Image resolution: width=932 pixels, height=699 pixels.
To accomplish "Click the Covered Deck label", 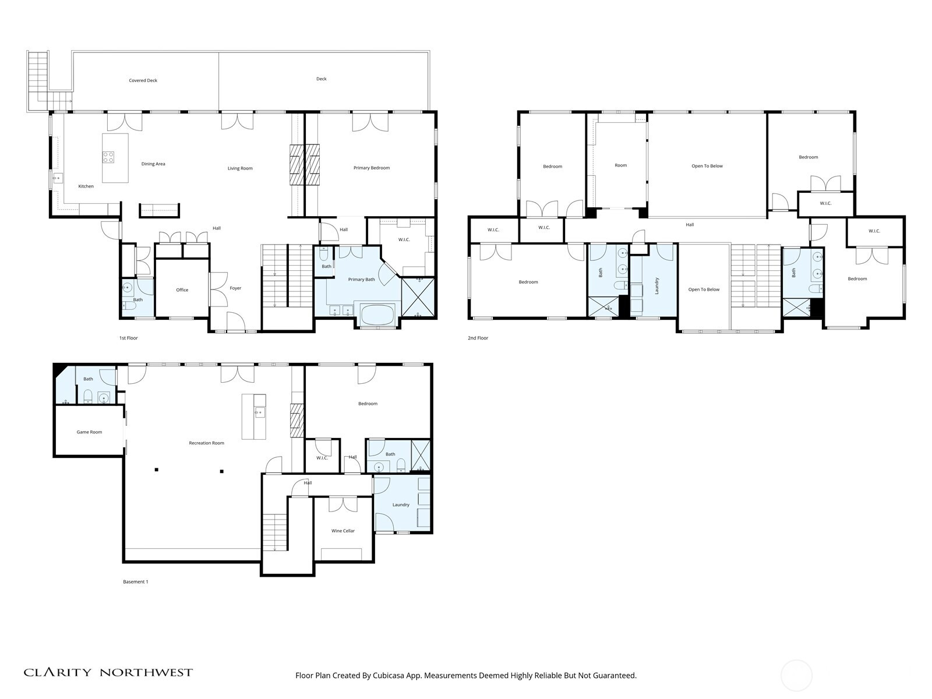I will (x=143, y=80).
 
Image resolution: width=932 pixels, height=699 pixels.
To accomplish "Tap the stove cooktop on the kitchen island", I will (x=108, y=157).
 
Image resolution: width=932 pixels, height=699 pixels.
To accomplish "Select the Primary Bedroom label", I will (x=372, y=168).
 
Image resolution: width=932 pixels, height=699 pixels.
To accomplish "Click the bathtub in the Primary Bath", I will (x=377, y=315).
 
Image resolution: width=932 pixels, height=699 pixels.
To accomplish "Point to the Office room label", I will (x=182, y=290).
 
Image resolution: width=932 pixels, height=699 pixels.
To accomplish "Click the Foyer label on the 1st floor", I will (x=235, y=288).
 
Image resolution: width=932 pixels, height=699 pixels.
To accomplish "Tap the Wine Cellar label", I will (x=343, y=531).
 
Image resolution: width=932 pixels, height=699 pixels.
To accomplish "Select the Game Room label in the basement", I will (x=89, y=432).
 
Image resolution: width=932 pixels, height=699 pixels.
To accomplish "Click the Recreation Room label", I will (x=206, y=443).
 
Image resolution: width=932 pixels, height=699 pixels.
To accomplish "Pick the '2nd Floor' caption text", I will (x=478, y=338).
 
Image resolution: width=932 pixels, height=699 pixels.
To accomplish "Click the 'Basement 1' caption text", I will (x=136, y=581).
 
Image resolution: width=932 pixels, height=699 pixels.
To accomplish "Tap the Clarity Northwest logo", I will (x=108, y=672).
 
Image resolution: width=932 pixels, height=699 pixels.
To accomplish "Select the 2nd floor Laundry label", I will (x=656, y=285).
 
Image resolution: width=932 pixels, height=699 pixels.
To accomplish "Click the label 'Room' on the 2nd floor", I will (x=621, y=165).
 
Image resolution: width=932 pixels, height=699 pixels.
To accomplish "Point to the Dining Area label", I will (x=153, y=164).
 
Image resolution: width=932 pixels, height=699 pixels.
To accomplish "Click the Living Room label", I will (x=240, y=168).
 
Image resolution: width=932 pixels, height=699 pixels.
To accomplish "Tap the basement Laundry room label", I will (x=401, y=505).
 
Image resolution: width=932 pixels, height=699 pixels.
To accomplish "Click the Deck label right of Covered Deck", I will (x=322, y=79).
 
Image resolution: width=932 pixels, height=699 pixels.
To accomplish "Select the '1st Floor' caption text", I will (x=129, y=338).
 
